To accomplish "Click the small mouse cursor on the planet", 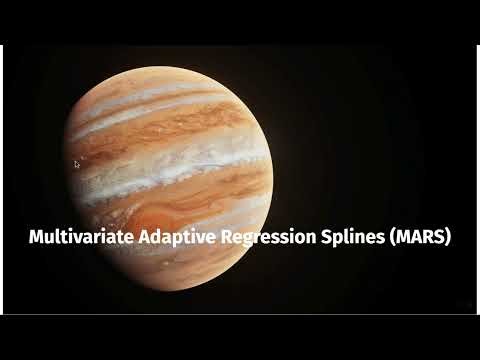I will (77, 164).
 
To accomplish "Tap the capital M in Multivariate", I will (36, 238).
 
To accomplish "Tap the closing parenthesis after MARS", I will (451, 239).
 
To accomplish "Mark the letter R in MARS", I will (425, 238).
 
